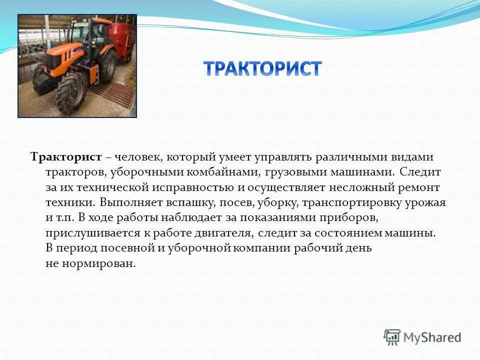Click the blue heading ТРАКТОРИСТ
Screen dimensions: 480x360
(262, 68)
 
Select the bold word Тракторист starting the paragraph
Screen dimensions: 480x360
(66, 157)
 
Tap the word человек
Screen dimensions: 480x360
(138, 157)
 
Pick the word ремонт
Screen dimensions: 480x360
(419, 187)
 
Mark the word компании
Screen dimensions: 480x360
(261, 248)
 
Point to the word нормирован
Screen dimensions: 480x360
(99, 263)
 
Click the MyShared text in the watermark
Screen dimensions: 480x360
(432, 337)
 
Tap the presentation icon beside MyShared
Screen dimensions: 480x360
(392, 337)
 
